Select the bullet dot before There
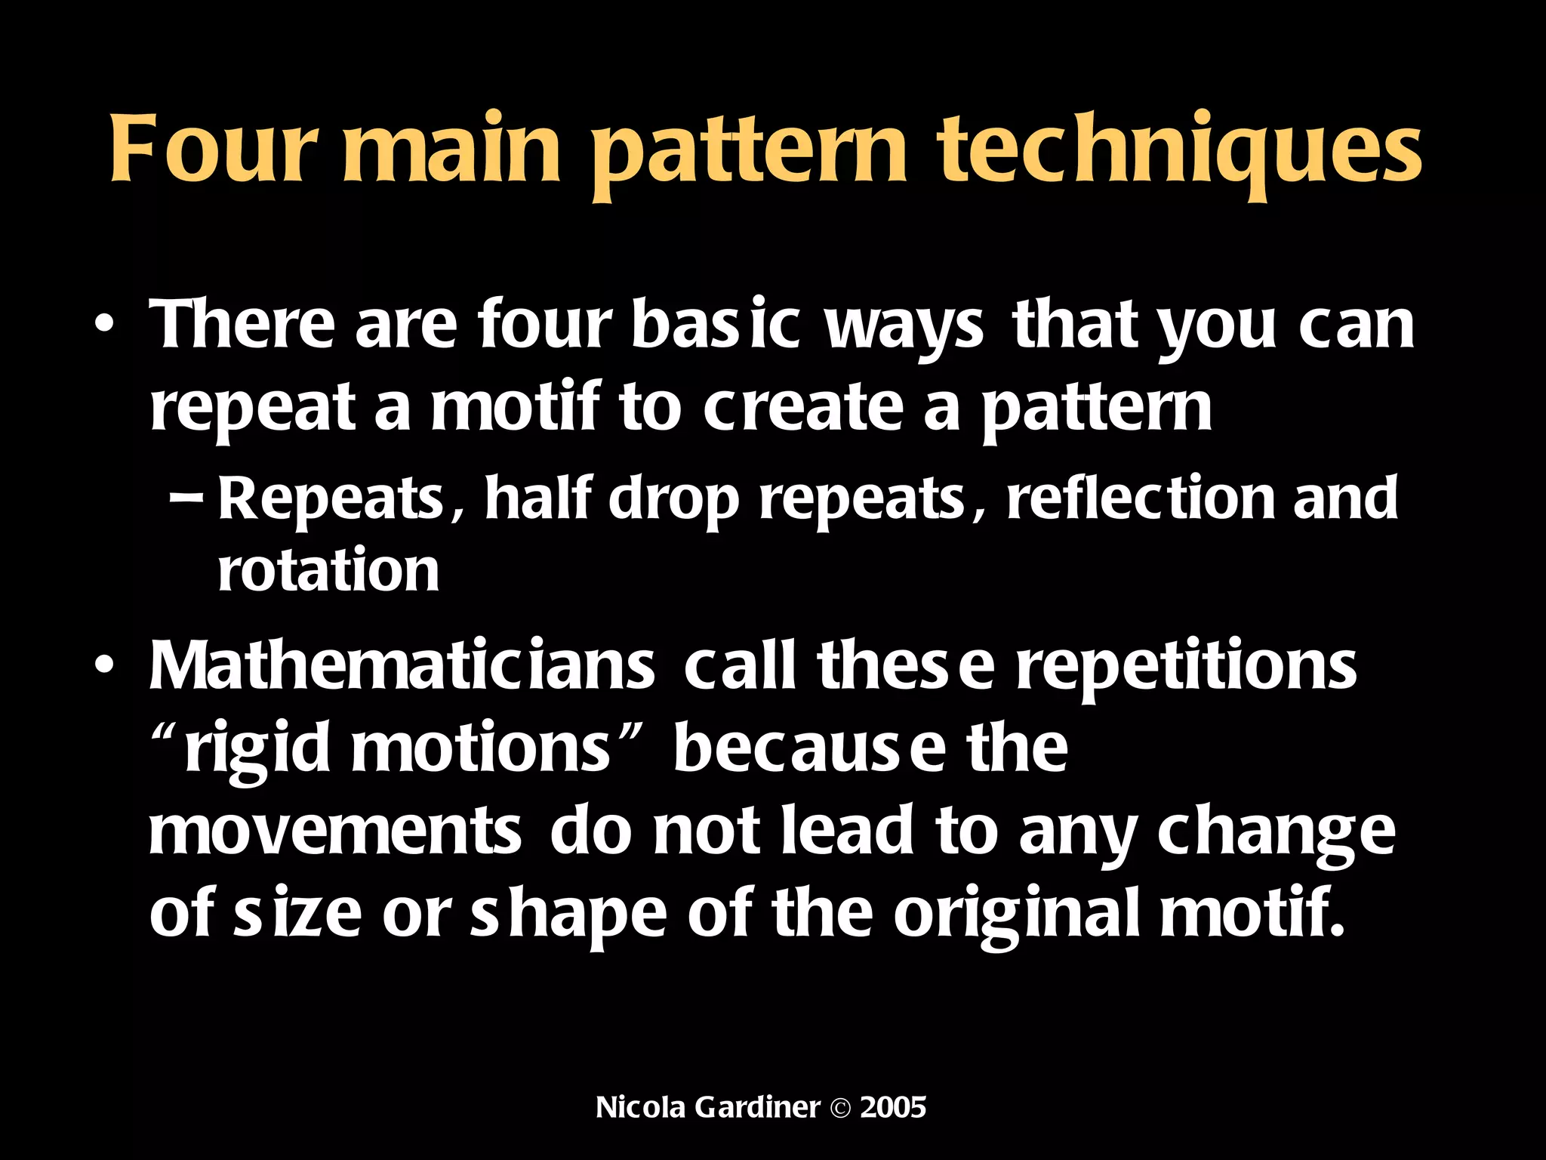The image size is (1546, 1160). (105, 327)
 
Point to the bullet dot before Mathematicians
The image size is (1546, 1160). (105, 668)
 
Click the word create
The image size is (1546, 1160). (802, 408)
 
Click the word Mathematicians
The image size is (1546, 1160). (402, 666)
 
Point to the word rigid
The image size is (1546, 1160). (257, 749)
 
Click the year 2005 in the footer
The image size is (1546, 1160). (893, 1108)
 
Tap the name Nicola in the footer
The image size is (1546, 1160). (640, 1108)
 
